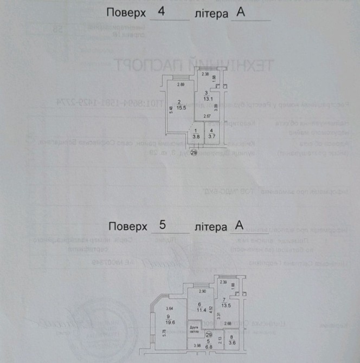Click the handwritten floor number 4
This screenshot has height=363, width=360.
pyautogui.click(x=161, y=11)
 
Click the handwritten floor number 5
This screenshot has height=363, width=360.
pyautogui.click(x=162, y=224)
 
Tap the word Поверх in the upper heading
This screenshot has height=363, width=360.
pyautogui.click(x=126, y=12)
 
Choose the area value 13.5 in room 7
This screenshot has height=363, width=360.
pyautogui.click(x=227, y=305)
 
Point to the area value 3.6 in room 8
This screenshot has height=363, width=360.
pyautogui.click(x=232, y=342)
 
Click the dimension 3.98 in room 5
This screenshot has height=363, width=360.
pyautogui.click(x=197, y=346)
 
